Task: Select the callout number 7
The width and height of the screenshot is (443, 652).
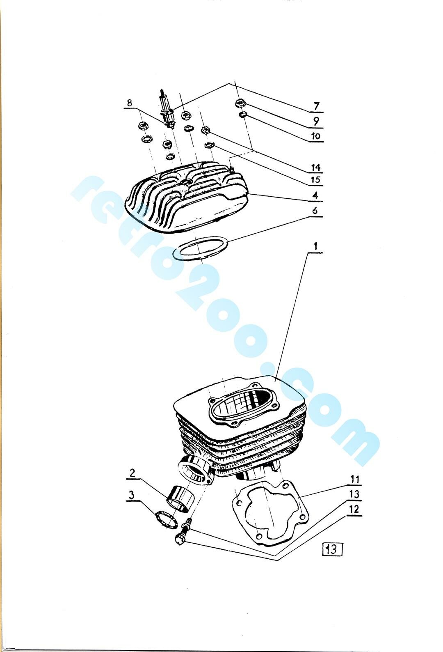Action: pos(317,106)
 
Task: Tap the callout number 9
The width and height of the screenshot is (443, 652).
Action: pos(316,121)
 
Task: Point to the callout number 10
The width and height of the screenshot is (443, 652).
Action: pos(315,136)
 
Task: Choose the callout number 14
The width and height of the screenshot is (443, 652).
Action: pos(315,168)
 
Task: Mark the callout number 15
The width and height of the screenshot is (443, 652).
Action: pos(315,179)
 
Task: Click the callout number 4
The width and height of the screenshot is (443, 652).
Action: pos(315,195)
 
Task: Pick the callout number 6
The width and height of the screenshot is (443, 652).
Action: pos(315,211)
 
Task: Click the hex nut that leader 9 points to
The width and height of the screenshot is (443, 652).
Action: pos(239,103)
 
